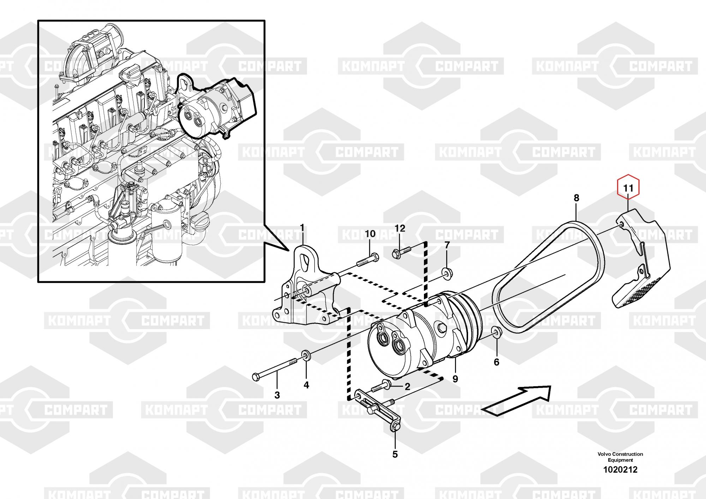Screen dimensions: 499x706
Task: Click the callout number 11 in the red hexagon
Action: [628, 188]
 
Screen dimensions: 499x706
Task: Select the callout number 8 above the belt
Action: [576, 198]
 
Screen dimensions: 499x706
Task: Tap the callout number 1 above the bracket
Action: [302, 227]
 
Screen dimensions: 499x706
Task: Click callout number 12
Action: [400, 228]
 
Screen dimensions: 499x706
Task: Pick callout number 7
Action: [447, 245]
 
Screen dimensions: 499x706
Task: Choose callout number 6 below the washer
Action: [496, 362]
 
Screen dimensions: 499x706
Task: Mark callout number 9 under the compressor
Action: [455, 379]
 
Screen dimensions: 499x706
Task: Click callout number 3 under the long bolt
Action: [277, 395]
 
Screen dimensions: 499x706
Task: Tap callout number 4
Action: [306, 385]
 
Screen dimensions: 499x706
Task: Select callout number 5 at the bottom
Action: [395, 454]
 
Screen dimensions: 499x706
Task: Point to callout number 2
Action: [407, 387]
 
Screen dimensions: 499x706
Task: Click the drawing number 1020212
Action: [620, 470]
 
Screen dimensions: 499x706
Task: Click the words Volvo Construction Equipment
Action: [620, 457]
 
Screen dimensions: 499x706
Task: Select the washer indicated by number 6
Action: [496, 332]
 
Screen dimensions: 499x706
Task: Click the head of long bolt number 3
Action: [256, 377]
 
